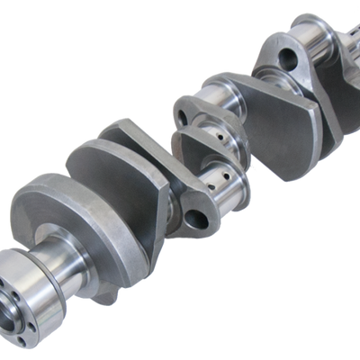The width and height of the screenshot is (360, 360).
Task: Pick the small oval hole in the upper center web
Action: pyautogui.click(x=184, y=114)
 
